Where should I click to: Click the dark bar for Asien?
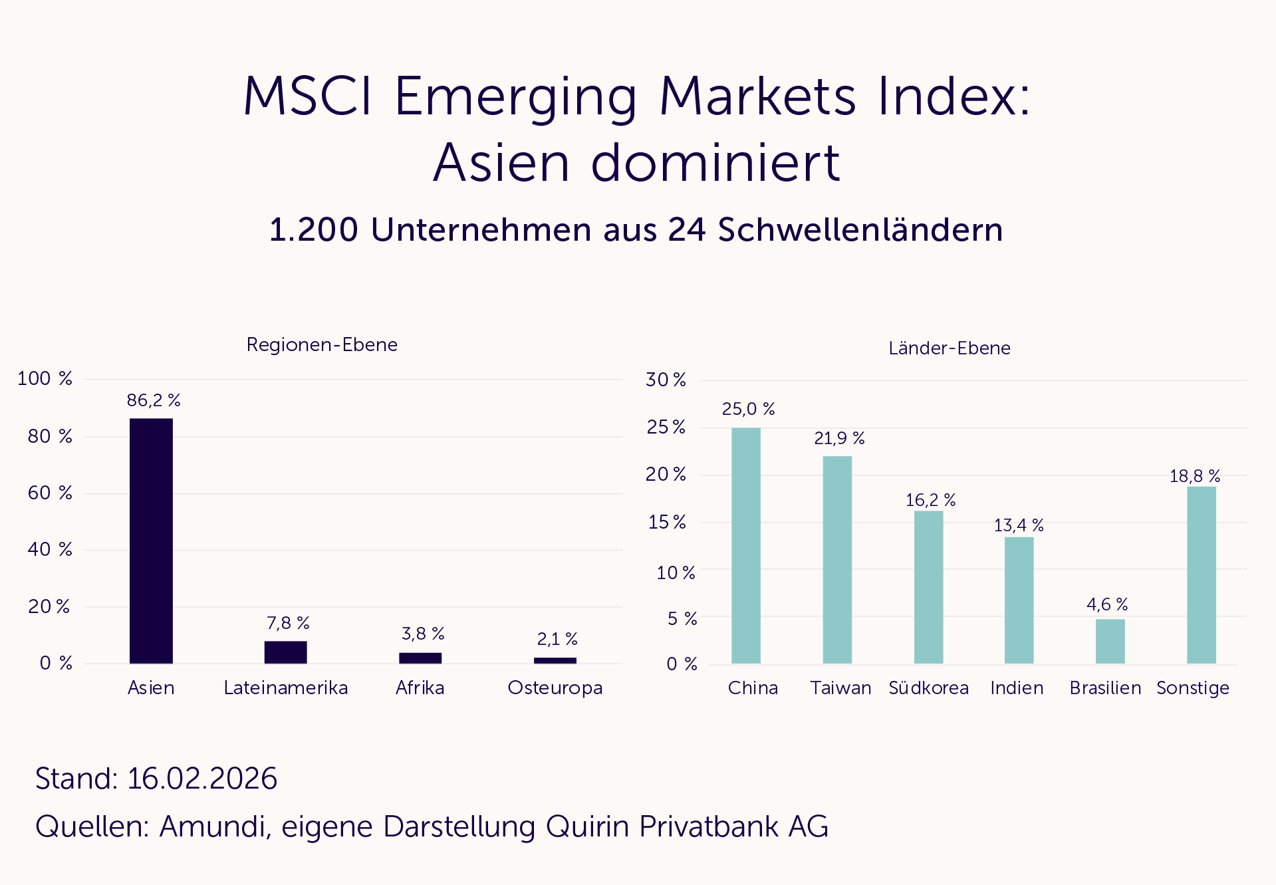tap(151, 540)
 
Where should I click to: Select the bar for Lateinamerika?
tap(285, 652)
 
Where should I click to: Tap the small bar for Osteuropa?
tap(555, 660)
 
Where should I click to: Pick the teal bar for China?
tap(745, 545)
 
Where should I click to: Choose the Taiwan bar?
tap(837, 559)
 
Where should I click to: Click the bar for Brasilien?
tap(1110, 641)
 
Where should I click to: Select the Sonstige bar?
tap(1201, 574)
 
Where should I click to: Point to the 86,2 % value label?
tap(154, 400)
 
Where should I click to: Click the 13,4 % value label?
tap(1019, 525)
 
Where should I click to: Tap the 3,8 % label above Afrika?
tap(423, 634)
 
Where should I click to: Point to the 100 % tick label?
tap(45, 378)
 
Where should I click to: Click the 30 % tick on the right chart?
tap(666, 380)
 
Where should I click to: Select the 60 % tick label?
tap(50, 493)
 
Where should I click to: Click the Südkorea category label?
tap(928, 688)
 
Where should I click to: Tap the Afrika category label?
tap(420, 688)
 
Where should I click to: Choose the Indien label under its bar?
tap(1017, 688)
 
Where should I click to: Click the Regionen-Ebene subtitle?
tap(322, 344)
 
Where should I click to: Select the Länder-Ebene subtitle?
tap(949, 348)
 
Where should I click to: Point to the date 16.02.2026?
tap(202, 779)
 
